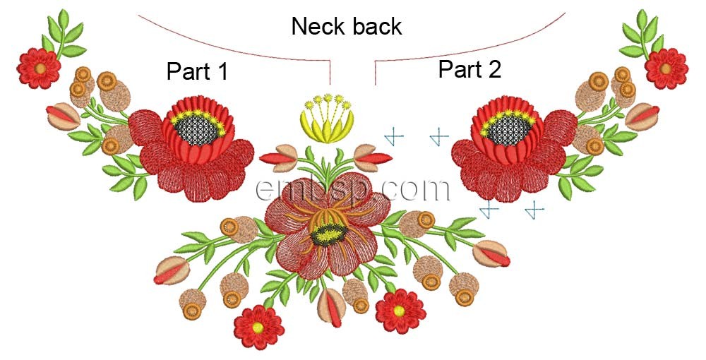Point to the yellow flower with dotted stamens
tap(328, 119)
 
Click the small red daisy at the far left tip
tap(40, 68)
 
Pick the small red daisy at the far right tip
tap(666, 68)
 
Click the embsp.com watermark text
tap(353, 189)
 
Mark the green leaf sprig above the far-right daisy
tap(642, 32)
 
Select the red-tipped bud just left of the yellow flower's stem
tap(282, 157)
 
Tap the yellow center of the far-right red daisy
tap(666, 68)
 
